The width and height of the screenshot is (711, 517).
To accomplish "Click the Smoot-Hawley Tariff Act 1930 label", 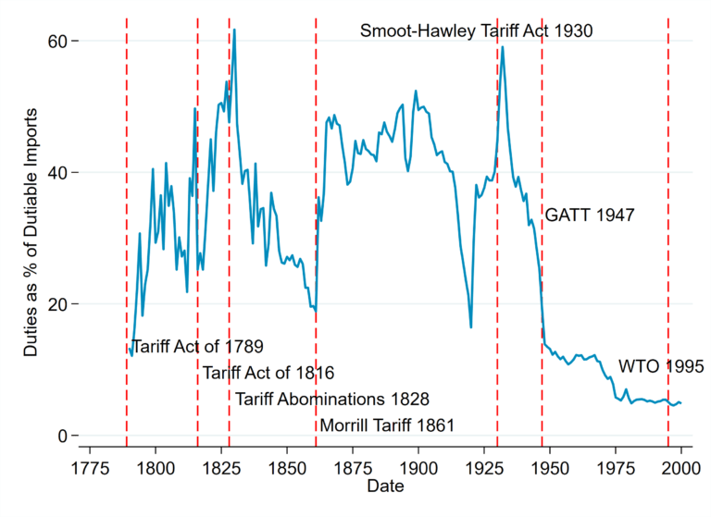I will coord(476,31).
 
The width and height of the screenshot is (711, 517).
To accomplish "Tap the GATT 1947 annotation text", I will coord(589,215).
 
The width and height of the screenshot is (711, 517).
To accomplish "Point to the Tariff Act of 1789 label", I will coord(197,347).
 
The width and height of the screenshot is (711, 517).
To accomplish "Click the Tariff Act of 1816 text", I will coord(268,373).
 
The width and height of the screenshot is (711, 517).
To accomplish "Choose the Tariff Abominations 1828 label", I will coord(331,400).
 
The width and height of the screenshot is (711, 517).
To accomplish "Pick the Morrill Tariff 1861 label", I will coord(387,425).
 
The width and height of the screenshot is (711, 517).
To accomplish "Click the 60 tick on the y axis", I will coord(56,41).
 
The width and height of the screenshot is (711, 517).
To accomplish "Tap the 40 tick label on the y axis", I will coord(56,173).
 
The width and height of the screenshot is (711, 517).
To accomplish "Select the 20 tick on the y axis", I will coord(56,304).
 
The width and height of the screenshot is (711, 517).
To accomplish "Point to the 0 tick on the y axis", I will coord(60,436).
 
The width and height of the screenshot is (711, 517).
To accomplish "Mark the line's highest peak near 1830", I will coord(234,30).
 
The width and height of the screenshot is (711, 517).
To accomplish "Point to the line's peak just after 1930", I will coord(502,47).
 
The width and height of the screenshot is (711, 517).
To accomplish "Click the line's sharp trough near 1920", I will coord(471,326).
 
